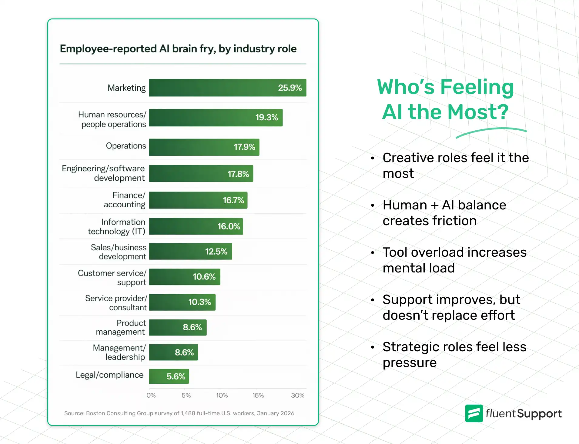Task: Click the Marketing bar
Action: [227, 88]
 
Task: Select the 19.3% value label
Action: [266, 117]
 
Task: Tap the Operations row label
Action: [126, 146]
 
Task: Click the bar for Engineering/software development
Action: [201, 173]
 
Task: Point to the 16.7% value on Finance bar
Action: [233, 200]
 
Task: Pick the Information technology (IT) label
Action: [117, 227]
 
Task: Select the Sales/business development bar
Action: [190, 252]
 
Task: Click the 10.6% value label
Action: [204, 277]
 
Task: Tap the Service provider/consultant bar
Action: [182, 302]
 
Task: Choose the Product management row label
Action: [121, 327]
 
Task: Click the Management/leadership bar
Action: [173, 352]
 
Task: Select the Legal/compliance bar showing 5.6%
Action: [169, 376]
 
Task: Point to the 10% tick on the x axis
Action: [222, 396]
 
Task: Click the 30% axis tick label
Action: [297, 396]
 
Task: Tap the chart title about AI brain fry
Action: [178, 49]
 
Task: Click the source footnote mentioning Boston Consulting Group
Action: [179, 413]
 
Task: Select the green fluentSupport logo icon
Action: [474, 413]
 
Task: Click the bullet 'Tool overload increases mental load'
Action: [454, 260]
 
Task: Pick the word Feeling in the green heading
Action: [477, 87]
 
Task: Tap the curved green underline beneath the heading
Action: [491, 131]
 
